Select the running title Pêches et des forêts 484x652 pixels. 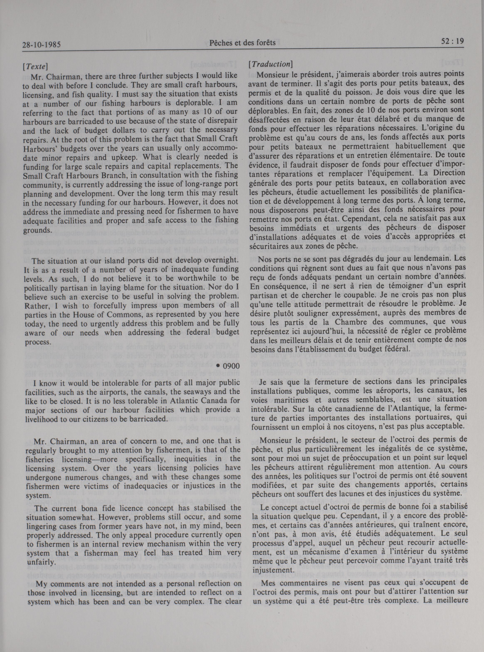(x=243, y=43)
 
